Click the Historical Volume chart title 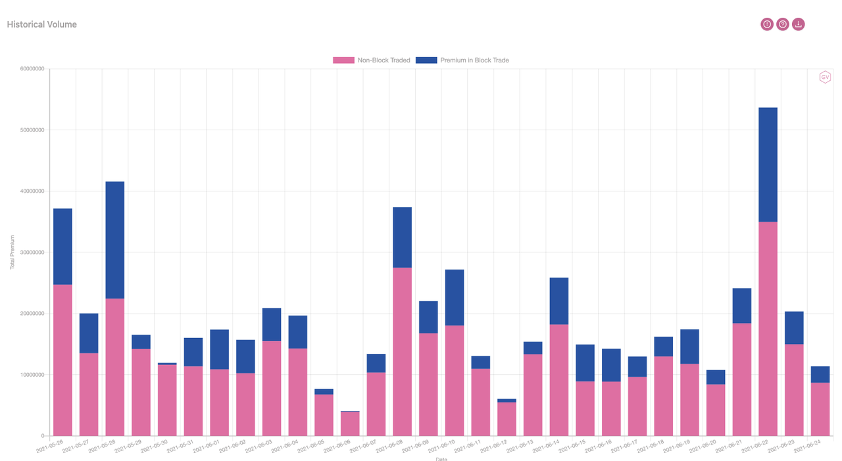point(41,24)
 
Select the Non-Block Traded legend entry point(372,61)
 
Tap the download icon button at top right point(798,24)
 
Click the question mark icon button point(782,24)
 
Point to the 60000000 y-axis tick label point(31,69)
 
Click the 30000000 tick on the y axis point(31,253)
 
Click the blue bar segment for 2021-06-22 point(768,164)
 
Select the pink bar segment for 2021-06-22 point(768,329)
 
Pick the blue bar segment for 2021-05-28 point(115,240)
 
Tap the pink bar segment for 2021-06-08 point(402,352)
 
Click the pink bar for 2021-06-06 point(350,424)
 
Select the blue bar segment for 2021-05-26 point(62,247)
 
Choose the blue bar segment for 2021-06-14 point(558,301)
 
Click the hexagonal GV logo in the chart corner point(824,77)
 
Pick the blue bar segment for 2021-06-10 point(455,297)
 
